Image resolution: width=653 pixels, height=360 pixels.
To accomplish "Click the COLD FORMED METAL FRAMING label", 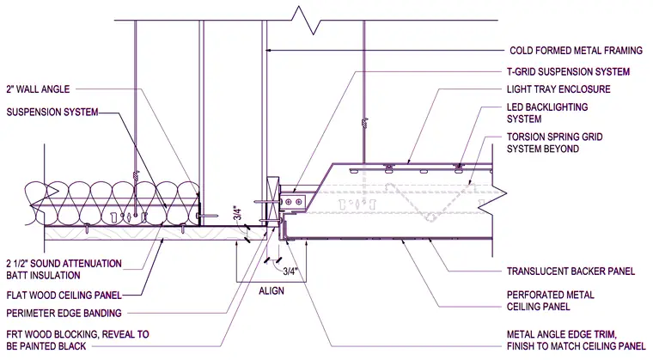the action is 576,51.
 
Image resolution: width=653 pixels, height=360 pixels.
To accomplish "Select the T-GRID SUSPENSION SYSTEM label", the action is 568,71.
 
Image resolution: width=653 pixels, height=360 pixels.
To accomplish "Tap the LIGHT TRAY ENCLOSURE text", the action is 558,89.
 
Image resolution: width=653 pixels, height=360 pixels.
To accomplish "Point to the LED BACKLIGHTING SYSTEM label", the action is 547,113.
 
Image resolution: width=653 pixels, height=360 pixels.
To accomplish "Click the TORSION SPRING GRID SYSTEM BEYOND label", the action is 554,143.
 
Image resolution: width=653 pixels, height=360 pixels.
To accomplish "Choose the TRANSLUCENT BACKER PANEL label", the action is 571,272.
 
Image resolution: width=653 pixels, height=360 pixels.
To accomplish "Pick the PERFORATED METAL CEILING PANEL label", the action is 550,301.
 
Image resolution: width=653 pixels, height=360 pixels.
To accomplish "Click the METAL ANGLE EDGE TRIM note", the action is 576,340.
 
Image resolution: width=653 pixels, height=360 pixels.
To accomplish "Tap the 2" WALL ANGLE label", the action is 38,89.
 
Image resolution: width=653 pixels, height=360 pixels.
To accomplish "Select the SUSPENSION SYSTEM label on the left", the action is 52,112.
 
